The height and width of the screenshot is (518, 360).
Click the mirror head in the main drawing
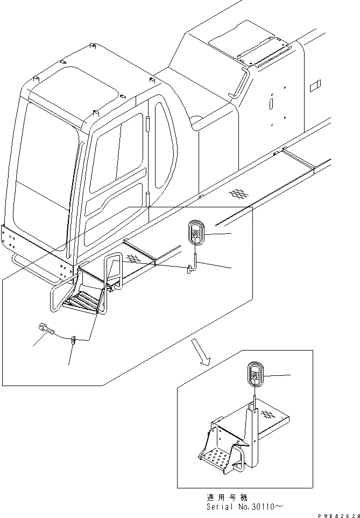[x=195, y=233]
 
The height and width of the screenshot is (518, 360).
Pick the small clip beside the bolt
[x=74, y=339]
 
